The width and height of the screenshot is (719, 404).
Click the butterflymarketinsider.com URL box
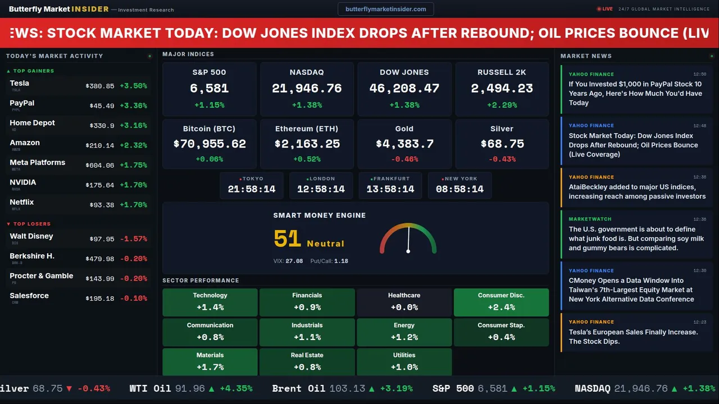click(385, 9)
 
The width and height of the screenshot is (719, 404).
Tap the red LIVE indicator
click(606, 9)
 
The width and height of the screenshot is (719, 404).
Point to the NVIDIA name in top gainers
click(23, 182)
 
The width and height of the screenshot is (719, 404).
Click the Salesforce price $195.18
click(100, 299)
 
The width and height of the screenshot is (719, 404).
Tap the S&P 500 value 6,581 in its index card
click(209, 88)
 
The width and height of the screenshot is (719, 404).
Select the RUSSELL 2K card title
click(502, 72)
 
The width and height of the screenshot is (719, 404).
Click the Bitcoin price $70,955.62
click(210, 144)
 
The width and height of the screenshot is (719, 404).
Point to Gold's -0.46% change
click(404, 159)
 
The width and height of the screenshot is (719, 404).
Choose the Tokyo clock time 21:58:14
click(251, 189)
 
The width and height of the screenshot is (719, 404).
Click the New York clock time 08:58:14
click(459, 189)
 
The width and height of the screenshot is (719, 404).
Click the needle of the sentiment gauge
click(408, 239)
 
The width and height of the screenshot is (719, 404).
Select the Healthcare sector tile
click(404, 302)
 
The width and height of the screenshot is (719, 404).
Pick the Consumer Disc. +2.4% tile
click(501, 302)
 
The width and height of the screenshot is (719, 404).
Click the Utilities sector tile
click(404, 362)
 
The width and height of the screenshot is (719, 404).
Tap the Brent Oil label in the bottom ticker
click(298, 388)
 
